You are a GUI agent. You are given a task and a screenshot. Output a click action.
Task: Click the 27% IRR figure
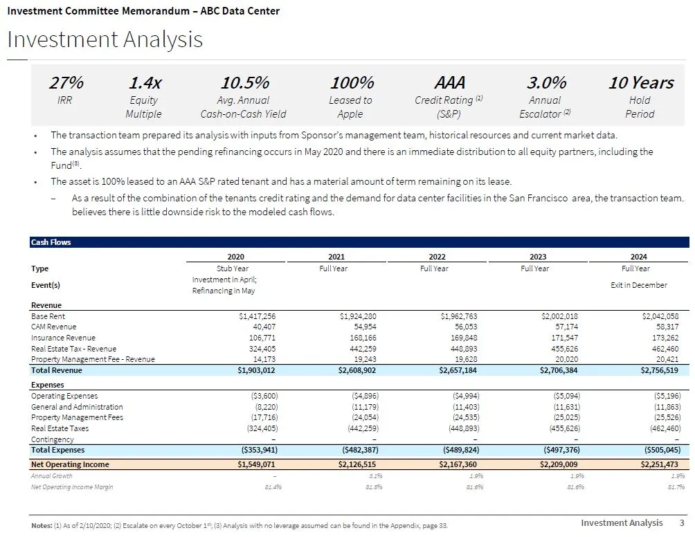66,83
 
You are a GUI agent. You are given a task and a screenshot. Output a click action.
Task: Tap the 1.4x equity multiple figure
145,83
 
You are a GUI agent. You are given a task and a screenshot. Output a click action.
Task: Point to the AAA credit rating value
449,83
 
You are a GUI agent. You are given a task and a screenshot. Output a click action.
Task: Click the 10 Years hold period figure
640,83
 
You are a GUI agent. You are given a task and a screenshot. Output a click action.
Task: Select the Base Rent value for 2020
257,316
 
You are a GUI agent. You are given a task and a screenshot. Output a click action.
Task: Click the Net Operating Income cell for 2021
357,465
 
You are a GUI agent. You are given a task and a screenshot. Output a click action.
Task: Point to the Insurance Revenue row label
64,338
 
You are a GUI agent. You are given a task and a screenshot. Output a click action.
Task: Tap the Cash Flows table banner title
51,242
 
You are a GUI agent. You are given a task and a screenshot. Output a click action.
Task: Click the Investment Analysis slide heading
105,39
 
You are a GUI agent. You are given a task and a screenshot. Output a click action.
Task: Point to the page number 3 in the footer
681,523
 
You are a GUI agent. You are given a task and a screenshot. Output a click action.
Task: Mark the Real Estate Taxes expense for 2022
461,429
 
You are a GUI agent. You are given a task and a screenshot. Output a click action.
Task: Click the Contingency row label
53,439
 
